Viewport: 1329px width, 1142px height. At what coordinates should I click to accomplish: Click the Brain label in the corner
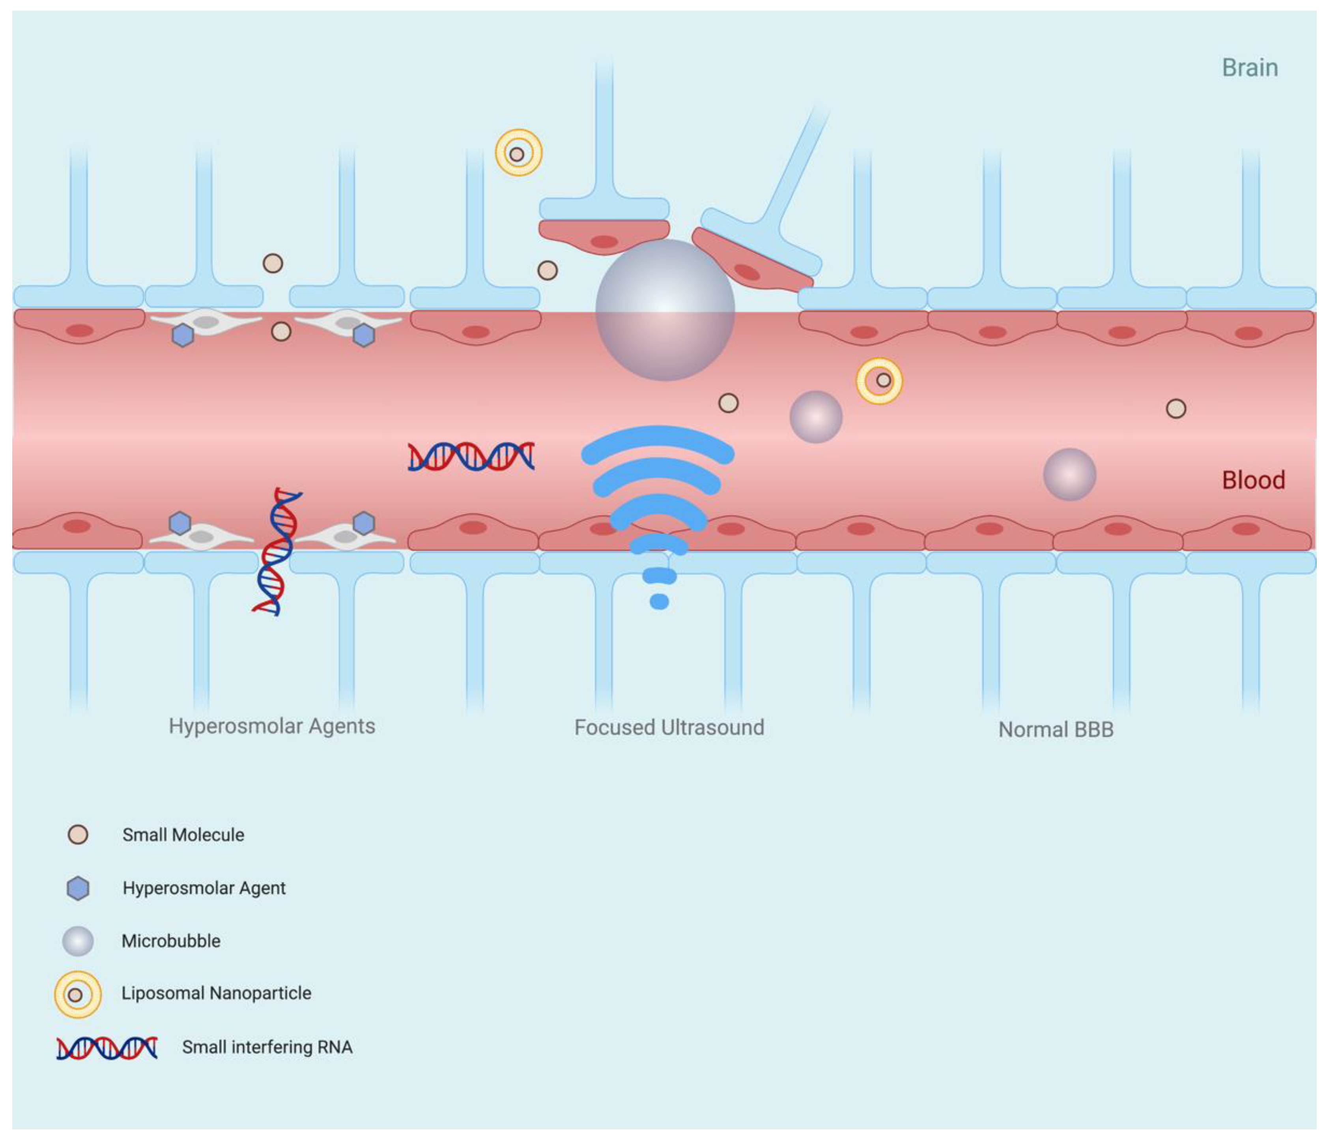click(1249, 68)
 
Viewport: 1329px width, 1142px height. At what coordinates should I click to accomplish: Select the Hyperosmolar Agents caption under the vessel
click(272, 726)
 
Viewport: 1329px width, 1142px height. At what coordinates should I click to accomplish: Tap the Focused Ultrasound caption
click(669, 728)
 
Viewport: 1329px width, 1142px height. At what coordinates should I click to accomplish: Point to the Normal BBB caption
click(1056, 730)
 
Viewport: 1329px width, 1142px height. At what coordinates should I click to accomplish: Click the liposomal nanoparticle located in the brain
click(518, 153)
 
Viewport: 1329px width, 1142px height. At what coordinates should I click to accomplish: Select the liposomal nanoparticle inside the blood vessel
click(879, 380)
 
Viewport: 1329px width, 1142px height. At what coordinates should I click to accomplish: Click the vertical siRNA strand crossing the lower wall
click(277, 552)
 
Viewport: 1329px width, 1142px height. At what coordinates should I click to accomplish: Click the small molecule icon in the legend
click(78, 835)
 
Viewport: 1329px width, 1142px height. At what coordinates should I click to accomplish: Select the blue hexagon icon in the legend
click(78, 889)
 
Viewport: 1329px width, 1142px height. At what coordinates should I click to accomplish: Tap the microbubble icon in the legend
click(78, 941)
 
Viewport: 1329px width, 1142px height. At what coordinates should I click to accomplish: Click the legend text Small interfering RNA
click(267, 1047)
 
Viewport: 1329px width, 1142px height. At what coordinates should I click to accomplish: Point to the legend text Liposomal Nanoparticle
click(216, 993)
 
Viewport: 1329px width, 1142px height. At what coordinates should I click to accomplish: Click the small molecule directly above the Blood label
click(1176, 409)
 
